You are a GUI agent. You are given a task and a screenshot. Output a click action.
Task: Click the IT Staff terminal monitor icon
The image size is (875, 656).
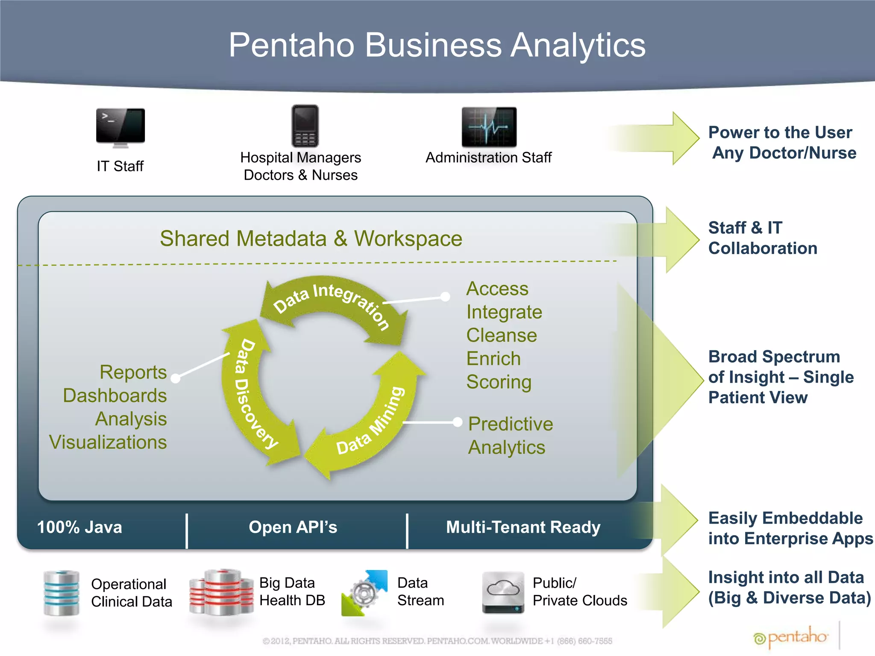120,127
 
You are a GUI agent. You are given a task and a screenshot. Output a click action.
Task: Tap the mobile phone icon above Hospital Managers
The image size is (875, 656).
305,126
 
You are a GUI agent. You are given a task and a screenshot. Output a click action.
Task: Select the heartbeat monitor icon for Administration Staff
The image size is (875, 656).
489,127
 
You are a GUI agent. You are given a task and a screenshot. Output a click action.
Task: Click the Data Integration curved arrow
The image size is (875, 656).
333,303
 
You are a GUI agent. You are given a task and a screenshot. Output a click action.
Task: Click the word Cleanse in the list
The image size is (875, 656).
502,335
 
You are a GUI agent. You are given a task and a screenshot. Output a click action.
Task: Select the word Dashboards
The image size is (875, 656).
115,395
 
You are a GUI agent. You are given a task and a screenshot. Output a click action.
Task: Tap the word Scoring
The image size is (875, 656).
499,382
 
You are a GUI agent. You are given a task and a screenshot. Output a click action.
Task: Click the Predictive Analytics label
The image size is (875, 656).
511,436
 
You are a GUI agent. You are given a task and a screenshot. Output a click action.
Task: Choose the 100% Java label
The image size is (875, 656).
79,527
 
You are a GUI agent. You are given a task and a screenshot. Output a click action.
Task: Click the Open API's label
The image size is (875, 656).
293,527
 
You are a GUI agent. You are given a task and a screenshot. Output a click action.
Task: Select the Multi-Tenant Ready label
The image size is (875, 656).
523,527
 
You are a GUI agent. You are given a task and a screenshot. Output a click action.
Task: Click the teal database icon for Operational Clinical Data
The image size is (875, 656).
62,593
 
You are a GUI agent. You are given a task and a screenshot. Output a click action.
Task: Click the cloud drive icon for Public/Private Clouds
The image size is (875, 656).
503,593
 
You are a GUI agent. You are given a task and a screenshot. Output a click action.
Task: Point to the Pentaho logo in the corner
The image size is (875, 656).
791,638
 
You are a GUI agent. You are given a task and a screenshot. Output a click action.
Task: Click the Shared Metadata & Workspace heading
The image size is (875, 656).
311,238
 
